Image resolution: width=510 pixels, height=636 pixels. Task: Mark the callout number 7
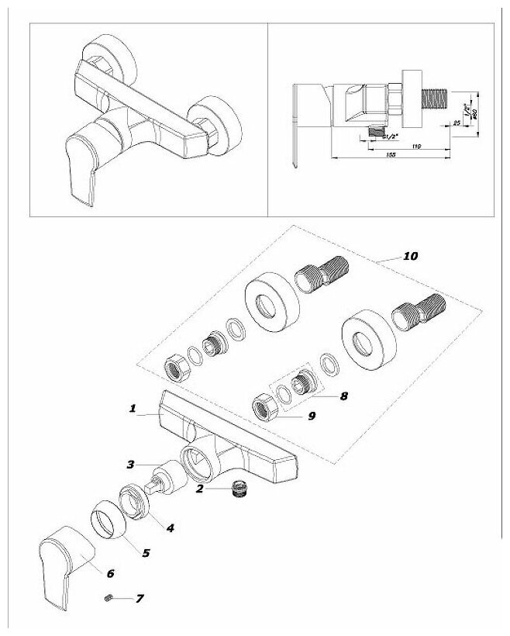pyautogui.click(x=140, y=599)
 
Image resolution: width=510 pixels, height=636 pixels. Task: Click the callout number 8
pyautogui.click(x=343, y=395)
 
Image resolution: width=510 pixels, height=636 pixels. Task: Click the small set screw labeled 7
pyautogui.click(x=110, y=598)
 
